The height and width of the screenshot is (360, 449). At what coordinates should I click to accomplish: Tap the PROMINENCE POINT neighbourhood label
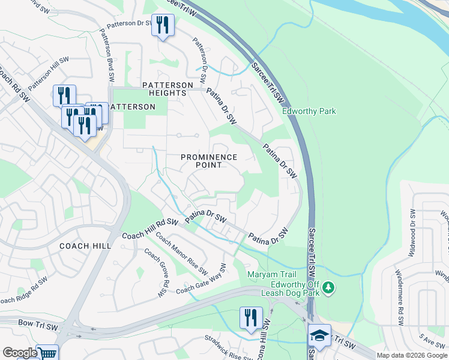tap(209, 161)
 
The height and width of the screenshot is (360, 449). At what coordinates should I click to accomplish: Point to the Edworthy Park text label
tap(309, 111)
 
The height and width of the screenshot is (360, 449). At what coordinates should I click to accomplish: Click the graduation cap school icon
tap(319, 336)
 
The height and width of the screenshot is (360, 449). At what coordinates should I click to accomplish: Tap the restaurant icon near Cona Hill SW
tap(250, 317)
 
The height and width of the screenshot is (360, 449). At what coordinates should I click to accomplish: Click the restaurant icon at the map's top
tap(163, 25)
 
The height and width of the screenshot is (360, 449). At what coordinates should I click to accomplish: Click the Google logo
tap(19, 353)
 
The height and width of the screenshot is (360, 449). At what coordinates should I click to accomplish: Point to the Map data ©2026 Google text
tap(412, 355)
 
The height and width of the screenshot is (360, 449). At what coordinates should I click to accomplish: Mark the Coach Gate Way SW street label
tap(200, 280)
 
